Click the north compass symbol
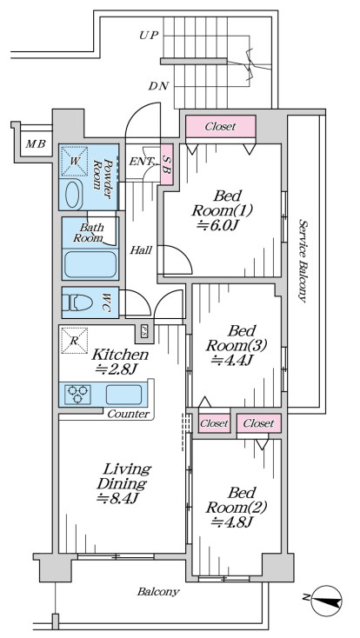(x=325, y=601)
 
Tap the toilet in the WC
(x=77, y=302)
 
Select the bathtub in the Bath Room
(x=90, y=264)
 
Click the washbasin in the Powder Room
(x=74, y=195)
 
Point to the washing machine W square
(x=74, y=161)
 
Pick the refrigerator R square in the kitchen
(x=74, y=340)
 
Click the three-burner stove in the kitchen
(x=77, y=395)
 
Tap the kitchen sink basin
(x=123, y=395)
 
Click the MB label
(x=36, y=143)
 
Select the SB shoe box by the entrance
(x=167, y=164)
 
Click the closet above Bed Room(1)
(x=221, y=127)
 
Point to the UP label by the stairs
(x=148, y=36)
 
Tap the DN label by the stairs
(x=159, y=86)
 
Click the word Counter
(x=129, y=415)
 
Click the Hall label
(x=141, y=249)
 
